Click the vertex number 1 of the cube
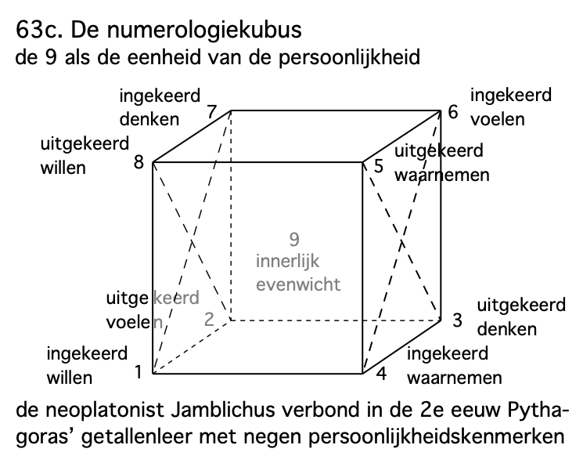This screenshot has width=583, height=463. [x=138, y=372]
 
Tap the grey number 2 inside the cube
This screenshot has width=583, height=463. [x=209, y=319]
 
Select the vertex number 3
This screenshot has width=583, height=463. [x=457, y=319]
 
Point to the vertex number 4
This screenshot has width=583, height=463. [x=382, y=374]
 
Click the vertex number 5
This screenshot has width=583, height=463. [x=379, y=166]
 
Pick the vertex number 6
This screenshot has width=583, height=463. [x=452, y=112]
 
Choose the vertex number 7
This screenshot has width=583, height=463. [x=212, y=112]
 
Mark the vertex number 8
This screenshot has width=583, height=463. [x=139, y=163]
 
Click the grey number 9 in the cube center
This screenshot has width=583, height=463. [x=294, y=239]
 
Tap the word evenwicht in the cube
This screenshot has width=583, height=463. [x=299, y=284]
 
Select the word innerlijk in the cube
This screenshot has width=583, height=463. [x=289, y=261]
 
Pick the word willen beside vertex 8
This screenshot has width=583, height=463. [x=63, y=168]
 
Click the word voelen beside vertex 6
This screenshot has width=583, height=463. [x=498, y=119]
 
